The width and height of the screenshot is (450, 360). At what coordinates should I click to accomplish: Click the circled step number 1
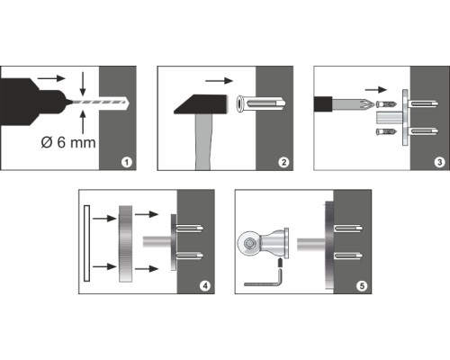[x=127, y=162]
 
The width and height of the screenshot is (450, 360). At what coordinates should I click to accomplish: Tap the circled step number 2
[x=283, y=162]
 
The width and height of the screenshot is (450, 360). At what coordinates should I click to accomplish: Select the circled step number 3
[x=439, y=162]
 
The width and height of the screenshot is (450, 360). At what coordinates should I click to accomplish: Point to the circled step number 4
[x=205, y=285]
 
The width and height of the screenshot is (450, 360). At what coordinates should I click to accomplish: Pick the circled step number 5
[x=362, y=285]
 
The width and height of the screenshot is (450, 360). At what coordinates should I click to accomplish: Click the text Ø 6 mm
[x=68, y=142]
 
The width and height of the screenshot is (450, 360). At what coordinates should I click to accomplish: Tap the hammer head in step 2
[x=201, y=104]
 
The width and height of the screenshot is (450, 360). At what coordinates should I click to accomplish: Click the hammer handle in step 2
[x=203, y=142]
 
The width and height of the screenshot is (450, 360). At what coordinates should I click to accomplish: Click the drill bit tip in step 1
[x=129, y=103]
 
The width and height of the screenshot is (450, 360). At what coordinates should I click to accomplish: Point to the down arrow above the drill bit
[x=83, y=84]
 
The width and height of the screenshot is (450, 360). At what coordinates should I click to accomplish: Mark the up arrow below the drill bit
[x=83, y=121]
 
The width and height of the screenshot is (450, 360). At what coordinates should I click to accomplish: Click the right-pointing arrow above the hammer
[x=219, y=80]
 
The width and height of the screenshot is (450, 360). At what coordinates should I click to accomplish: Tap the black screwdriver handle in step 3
[x=323, y=104]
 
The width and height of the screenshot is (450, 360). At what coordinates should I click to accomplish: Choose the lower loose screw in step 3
[x=386, y=131]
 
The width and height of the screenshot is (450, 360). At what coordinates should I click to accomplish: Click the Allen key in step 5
[x=264, y=279]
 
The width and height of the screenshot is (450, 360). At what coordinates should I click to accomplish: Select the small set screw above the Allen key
[x=280, y=263]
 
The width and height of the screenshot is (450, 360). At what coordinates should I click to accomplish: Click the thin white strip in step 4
[x=86, y=243]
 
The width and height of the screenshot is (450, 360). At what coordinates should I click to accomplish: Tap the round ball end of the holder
[x=248, y=243]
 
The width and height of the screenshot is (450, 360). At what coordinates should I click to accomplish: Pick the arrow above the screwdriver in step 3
[x=376, y=89]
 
